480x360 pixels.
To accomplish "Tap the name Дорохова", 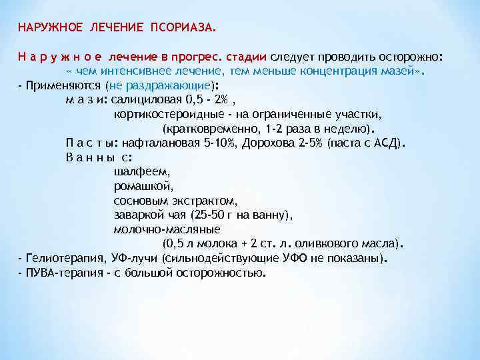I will coord(265,143).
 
